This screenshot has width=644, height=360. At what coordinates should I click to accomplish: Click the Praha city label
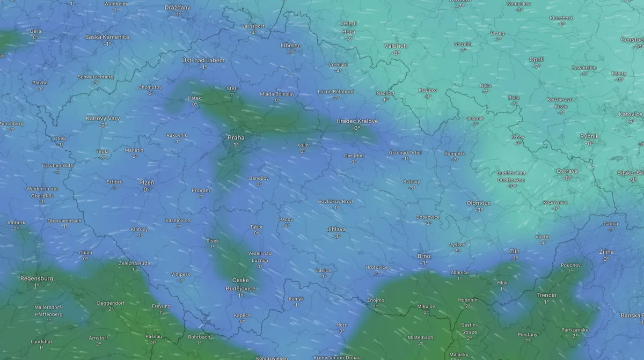click(236, 138)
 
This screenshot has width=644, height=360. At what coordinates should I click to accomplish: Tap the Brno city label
click(424, 256)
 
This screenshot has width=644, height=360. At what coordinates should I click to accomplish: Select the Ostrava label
click(567, 171)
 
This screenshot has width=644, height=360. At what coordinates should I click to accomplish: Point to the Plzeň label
click(147, 182)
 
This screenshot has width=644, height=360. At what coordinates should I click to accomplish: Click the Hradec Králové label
click(357, 121)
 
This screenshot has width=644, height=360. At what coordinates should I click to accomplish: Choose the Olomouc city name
click(479, 203)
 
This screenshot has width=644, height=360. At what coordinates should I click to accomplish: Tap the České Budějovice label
click(240, 284)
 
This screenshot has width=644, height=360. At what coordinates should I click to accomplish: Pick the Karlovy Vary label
click(103, 118)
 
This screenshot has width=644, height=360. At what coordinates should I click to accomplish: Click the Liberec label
click(291, 46)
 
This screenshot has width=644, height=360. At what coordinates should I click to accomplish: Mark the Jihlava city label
click(336, 229)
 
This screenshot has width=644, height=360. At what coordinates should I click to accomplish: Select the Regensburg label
click(36, 278)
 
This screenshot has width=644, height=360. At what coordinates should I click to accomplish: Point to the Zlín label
click(515, 251)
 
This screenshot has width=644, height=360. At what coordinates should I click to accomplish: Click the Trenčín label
click(546, 295)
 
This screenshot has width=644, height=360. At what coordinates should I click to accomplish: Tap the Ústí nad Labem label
click(203, 60)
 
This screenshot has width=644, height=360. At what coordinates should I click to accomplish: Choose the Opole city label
click(537, 60)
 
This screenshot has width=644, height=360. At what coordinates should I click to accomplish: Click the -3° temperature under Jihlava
click(336, 236)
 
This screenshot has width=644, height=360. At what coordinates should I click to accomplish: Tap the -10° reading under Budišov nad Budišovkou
click(511, 186)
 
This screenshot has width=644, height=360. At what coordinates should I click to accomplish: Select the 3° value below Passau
click(153, 342)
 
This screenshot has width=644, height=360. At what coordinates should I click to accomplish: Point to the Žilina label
click(606, 252)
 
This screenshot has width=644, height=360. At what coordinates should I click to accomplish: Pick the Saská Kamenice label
click(107, 37)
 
